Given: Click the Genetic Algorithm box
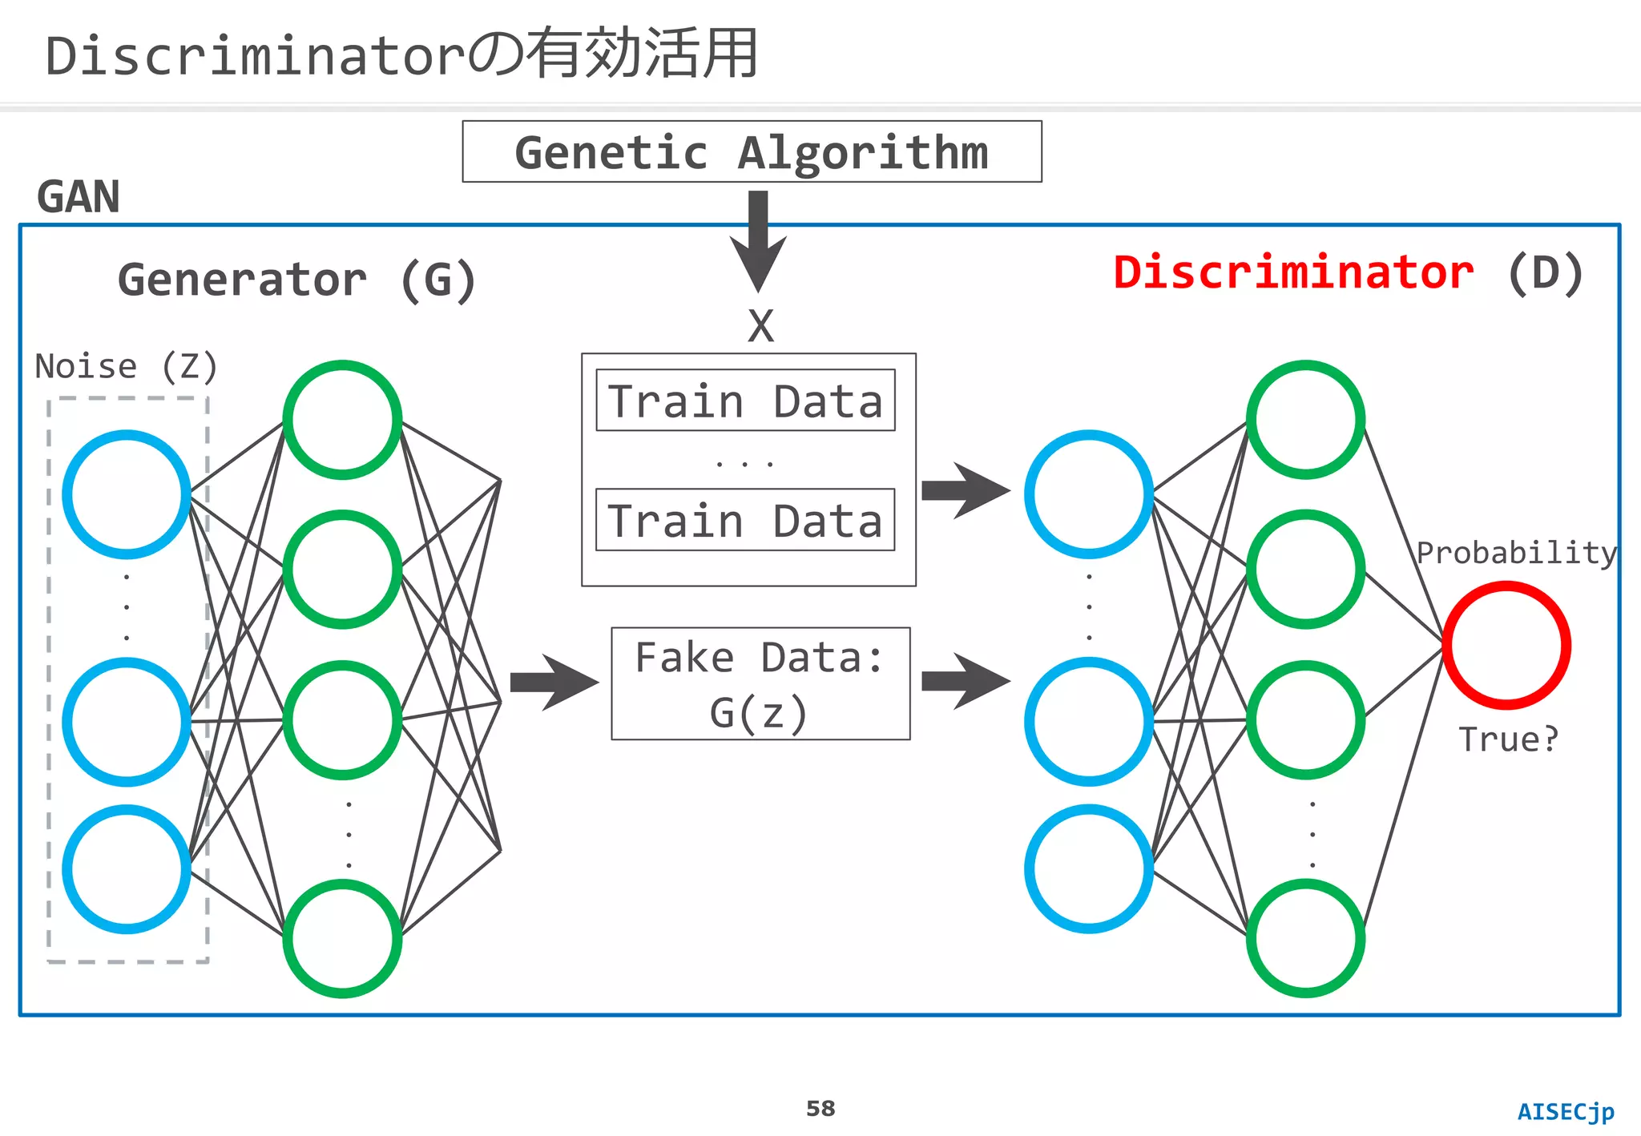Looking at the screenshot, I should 752,152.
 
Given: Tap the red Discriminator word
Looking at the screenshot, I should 1293,272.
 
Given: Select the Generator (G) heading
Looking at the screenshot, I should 296,280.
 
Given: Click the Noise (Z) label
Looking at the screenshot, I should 126,367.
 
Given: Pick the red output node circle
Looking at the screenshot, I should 1506,646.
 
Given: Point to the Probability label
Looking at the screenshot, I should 1516,553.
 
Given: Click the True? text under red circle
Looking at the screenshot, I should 1508,739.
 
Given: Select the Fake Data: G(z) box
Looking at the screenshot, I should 760,683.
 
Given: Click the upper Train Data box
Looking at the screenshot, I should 745,401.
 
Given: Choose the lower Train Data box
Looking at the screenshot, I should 745,520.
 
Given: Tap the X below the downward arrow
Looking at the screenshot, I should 760,326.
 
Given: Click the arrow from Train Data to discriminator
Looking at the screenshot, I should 965,491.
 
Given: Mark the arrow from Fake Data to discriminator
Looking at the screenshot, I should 965,682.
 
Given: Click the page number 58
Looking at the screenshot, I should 820,1109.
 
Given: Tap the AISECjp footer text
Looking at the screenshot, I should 1566,1112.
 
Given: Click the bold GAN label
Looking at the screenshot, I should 79,197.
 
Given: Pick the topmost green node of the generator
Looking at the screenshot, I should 342,420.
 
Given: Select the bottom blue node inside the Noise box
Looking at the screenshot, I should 127,869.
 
